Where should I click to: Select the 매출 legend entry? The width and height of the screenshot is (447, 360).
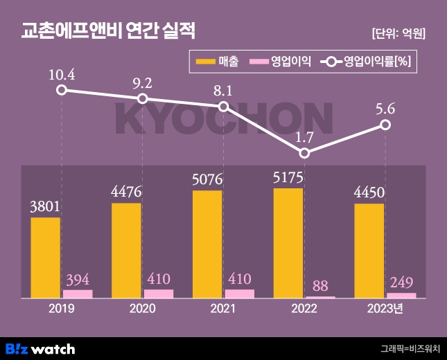tap(217, 62)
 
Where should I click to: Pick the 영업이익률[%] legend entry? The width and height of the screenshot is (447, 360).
tap(367, 62)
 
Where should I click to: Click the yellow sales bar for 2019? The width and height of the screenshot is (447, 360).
tap(45, 258)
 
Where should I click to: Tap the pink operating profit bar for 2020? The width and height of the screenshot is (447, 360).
tap(159, 294)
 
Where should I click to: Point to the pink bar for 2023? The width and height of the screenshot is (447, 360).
tap(401, 296)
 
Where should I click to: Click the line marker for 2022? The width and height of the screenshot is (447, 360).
tap(304, 152)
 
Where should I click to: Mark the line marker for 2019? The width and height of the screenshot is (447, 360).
tap(62, 90)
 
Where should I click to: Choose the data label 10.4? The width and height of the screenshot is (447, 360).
tap(62, 73)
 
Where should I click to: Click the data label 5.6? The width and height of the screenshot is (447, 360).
tap(385, 108)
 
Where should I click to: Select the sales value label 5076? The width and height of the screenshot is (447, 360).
tap(207, 181)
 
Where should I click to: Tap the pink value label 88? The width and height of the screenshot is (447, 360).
tap(320, 285)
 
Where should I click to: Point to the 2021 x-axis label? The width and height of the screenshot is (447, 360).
tap(223, 309)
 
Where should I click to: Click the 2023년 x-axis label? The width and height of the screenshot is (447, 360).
tap(385, 309)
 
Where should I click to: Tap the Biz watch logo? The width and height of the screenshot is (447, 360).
tap(40, 348)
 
